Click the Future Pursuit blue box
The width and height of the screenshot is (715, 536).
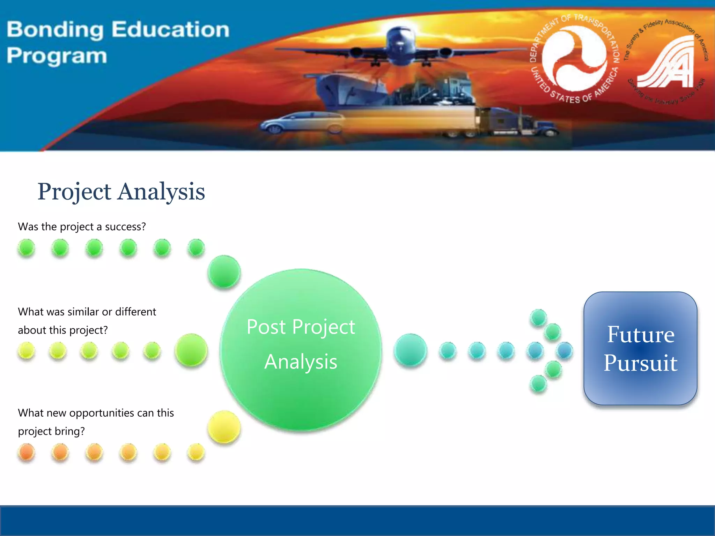tap(640, 348)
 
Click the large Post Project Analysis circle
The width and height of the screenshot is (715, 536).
tap(301, 350)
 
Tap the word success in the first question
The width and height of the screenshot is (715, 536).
tap(125, 227)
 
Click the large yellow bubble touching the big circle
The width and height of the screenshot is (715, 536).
tap(224, 427)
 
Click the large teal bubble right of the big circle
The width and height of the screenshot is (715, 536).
tap(410, 350)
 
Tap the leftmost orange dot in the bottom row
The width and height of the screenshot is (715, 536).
tap(27, 452)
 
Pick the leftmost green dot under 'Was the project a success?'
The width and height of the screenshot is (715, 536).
tap(27, 248)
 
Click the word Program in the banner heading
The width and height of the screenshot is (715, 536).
tap(57, 56)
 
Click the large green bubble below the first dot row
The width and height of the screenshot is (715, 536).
tap(224, 271)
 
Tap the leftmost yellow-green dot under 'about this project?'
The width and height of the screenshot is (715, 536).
tap(27, 350)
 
